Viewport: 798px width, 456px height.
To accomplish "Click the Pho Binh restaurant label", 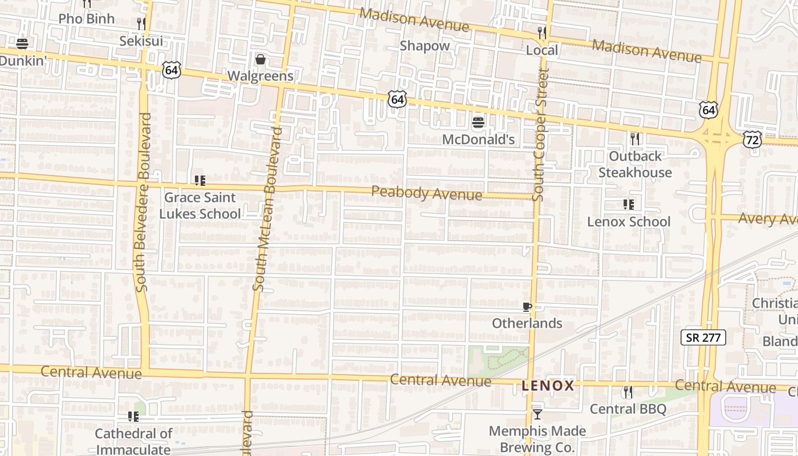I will [86, 19].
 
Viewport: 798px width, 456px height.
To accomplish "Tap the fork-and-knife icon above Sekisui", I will [141, 23].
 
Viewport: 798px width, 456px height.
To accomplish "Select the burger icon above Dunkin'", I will [22, 43].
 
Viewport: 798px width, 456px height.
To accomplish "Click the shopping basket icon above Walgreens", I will [260, 59].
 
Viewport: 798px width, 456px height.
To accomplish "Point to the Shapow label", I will [424, 46].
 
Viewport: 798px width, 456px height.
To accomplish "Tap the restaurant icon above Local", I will [542, 33].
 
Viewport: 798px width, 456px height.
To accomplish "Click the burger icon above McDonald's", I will [478, 122].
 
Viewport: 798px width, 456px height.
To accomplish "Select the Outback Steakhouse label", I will [635, 164].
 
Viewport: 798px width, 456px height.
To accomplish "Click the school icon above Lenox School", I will [629, 205].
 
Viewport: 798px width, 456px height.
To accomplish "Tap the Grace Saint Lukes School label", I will [199, 206].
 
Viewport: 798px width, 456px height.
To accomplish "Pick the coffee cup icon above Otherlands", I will [527, 307].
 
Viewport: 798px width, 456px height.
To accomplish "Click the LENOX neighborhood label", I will [548, 386].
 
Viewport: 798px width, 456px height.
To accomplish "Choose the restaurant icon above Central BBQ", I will [628, 392].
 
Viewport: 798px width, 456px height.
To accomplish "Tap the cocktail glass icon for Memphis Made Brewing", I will [537, 414].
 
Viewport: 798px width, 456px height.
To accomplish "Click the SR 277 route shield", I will [703, 337].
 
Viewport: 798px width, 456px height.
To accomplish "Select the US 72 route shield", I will [752, 139].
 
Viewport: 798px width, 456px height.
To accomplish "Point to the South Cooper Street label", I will [540, 135].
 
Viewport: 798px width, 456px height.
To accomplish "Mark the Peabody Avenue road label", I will [426, 193].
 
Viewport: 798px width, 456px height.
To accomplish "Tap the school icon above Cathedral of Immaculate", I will [133, 417].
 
